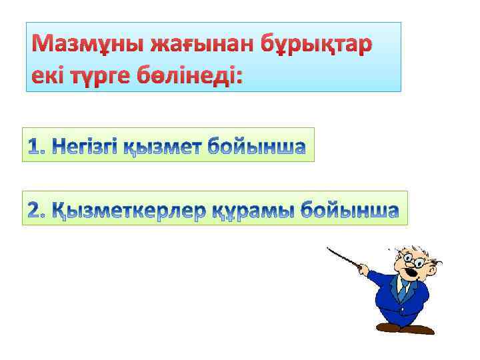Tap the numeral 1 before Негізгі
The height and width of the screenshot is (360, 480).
coord(36,145)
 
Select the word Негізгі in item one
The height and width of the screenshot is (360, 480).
coord(86,145)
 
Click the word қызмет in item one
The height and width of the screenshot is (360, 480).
coord(164,146)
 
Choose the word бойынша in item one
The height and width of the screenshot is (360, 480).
coord(256,145)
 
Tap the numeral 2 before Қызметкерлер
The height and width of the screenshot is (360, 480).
coord(36,209)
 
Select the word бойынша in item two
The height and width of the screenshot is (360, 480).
coord(349,209)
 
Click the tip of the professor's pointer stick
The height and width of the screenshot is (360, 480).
coord(328,249)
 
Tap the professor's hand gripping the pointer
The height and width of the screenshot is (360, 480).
coord(363,268)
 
